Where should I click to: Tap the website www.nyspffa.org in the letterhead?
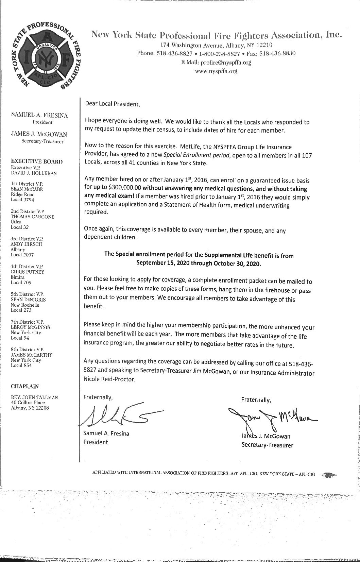(x=216, y=71)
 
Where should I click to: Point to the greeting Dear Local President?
(x=112, y=104)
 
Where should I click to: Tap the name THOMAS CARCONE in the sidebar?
(x=33, y=217)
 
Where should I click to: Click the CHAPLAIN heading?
(x=25, y=386)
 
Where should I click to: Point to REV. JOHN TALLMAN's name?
(x=35, y=397)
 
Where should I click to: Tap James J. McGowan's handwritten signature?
(x=272, y=418)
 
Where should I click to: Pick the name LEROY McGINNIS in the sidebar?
(x=31, y=327)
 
